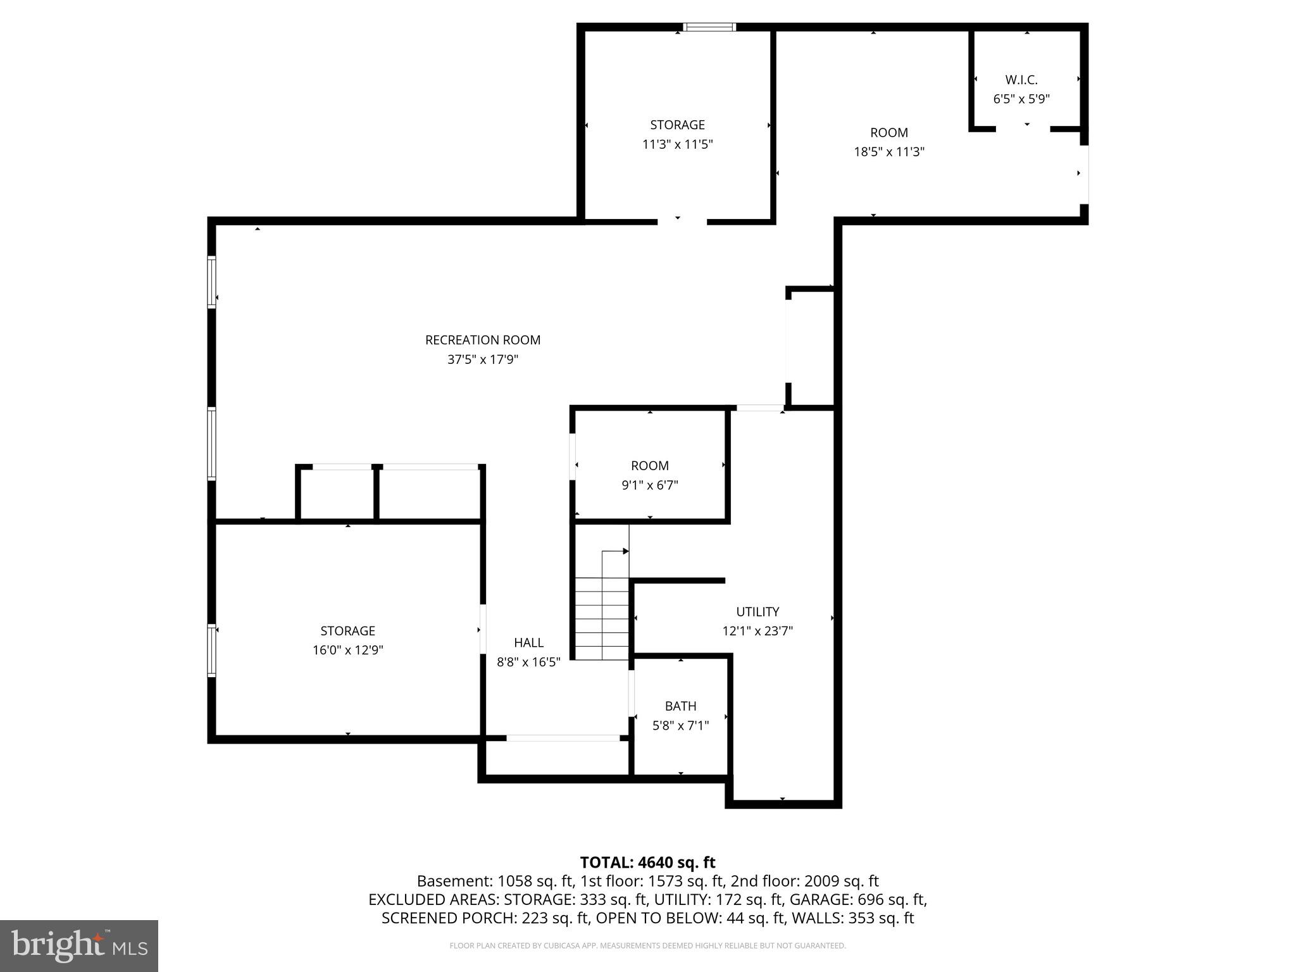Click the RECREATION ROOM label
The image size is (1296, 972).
coord(482,340)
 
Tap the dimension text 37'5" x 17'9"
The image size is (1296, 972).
coord(482,359)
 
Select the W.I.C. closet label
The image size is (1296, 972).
coord(1021,80)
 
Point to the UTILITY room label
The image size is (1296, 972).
coord(757,611)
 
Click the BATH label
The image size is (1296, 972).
coord(680,706)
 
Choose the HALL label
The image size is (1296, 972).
coord(528,642)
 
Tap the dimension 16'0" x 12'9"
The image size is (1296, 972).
coord(347,650)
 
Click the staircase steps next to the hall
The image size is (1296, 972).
coord(601,623)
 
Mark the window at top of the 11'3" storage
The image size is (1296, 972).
coord(709,27)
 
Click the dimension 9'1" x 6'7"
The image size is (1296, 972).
coord(649,485)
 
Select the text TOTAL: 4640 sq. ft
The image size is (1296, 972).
coord(647,862)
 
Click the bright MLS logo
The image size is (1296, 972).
coord(78,945)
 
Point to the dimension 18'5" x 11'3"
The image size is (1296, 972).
coord(888,152)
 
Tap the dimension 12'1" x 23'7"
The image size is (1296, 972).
coord(757,631)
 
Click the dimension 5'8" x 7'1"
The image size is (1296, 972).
coord(680,725)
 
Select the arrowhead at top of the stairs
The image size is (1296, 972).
coord(625,551)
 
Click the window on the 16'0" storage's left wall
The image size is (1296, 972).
coord(212,650)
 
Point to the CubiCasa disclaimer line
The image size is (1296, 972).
coord(647,945)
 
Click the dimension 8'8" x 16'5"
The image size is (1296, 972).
coord(528,662)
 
